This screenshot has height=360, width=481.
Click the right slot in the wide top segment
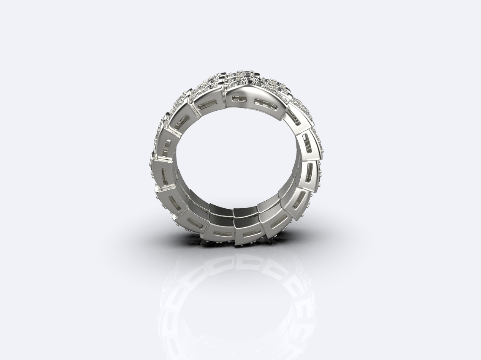click(265, 103)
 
